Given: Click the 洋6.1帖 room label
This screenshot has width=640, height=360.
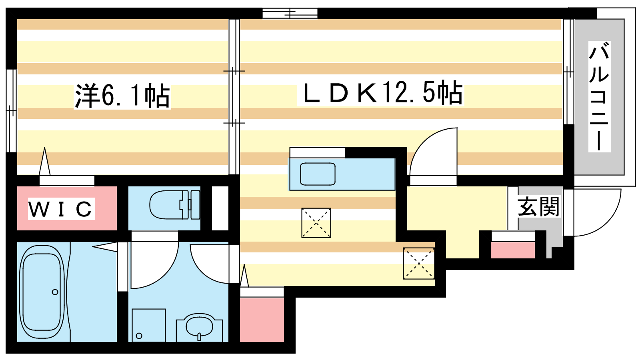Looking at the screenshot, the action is click(x=122, y=96).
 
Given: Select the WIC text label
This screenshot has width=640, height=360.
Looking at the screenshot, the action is click(x=61, y=208).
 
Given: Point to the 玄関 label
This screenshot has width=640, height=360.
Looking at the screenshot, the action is click(x=538, y=206).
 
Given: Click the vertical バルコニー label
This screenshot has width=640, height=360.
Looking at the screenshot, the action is click(x=600, y=96).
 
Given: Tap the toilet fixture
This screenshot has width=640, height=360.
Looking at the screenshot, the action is click(x=175, y=205).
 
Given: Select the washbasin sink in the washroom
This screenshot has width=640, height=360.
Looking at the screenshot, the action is click(x=199, y=328).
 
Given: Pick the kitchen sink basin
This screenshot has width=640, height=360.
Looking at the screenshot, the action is click(x=318, y=174).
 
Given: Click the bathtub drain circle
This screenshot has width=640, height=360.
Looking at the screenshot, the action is click(x=55, y=292).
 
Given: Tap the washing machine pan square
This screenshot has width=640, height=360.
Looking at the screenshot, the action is click(x=148, y=325).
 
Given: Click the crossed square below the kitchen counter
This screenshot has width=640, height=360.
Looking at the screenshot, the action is click(x=316, y=223).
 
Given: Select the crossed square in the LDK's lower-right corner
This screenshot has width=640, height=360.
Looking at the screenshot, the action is click(x=418, y=263).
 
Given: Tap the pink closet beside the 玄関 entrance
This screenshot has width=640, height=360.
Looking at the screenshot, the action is click(x=512, y=250).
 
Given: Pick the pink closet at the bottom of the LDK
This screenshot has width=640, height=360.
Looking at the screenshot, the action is click(x=262, y=320).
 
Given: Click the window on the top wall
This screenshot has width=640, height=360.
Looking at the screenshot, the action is click(x=290, y=13).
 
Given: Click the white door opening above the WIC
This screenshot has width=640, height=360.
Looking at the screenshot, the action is click(x=66, y=180).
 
